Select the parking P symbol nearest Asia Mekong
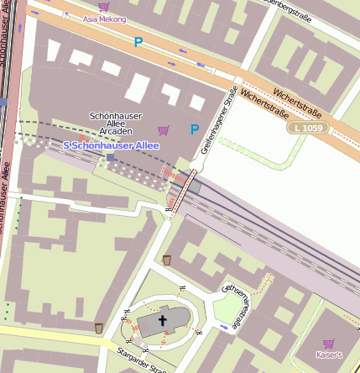[x=138, y=40]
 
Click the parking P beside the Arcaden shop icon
[x=195, y=129]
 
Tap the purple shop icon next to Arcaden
[x=164, y=129]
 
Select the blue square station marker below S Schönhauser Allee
[x=110, y=157]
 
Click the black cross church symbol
[x=163, y=320]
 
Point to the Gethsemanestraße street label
[x=234, y=304]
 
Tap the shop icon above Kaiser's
[x=328, y=343]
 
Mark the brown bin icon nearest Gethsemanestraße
[x=167, y=260]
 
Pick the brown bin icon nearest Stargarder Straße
[x=99, y=328]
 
